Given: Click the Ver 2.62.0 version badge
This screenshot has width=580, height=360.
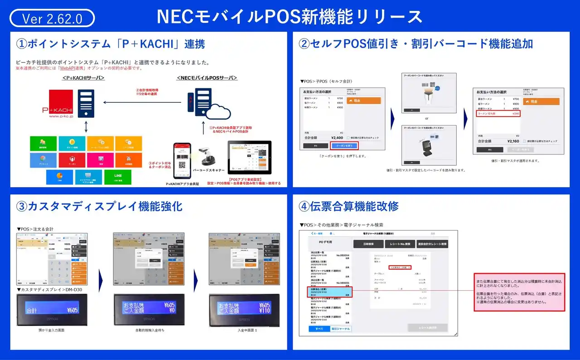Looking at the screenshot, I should (x=52, y=19).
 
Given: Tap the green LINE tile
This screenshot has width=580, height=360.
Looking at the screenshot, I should (x=117, y=177).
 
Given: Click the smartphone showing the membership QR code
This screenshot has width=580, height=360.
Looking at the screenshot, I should (x=182, y=160).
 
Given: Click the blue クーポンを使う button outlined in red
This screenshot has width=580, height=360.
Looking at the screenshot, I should (x=344, y=145).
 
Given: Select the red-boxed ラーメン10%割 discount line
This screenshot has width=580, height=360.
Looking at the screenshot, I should (x=498, y=114).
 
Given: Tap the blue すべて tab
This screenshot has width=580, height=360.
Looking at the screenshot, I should (x=319, y=329).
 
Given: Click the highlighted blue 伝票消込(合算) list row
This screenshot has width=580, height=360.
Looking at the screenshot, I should (x=329, y=292).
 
